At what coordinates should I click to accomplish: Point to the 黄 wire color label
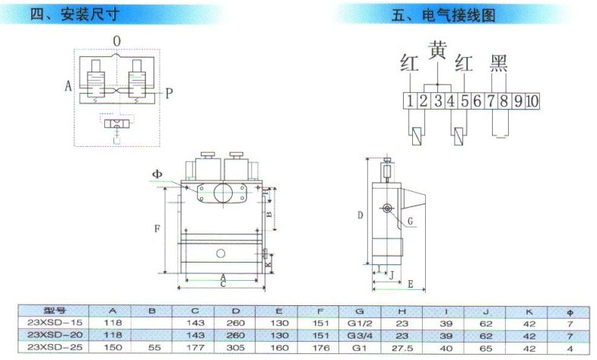pyautogui.click(x=438, y=51)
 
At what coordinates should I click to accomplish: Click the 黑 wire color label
pyautogui.click(x=498, y=62)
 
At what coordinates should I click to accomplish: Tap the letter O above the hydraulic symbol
pyautogui.click(x=116, y=40)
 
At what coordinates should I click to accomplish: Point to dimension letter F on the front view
pyautogui.click(x=156, y=228)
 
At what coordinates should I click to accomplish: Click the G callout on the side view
pyautogui.click(x=410, y=221)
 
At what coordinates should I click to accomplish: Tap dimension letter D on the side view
pyautogui.click(x=360, y=215)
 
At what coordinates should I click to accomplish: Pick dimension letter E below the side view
pyautogui.click(x=410, y=284)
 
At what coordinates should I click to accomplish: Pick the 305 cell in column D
pyautogui.click(x=237, y=347)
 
